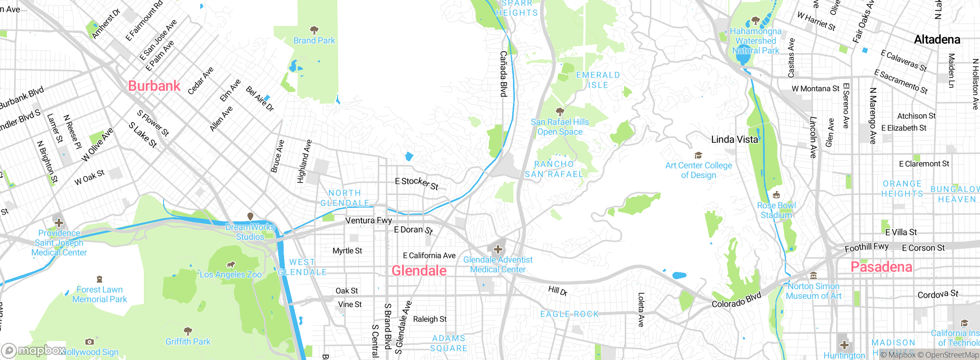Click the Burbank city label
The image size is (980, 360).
click(x=154, y=86)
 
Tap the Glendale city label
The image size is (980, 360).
click(x=419, y=271)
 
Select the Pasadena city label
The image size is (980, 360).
click(x=881, y=267)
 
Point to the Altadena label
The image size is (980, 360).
click(x=937, y=39)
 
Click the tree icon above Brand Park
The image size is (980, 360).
click(x=314, y=30)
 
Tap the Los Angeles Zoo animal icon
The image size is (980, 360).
click(x=230, y=265)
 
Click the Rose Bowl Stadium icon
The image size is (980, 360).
click(x=776, y=195)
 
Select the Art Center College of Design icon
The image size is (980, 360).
click(x=698, y=155)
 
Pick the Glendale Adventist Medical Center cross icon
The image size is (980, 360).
click(x=498, y=250)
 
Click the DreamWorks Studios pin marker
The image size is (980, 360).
click(x=250, y=217)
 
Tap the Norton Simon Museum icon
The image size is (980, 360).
click(x=813, y=276)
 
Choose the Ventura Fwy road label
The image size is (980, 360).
click(x=369, y=221)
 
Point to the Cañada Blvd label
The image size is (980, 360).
click(x=504, y=74)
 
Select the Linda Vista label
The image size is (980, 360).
click(x=734, y=139)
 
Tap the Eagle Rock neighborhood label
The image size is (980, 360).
click(x=569, y=314)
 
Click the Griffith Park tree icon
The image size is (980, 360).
click(x=188, y=331)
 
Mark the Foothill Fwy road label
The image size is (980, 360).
click(x=867, y=247)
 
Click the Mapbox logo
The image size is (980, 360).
click(x=34, y=350)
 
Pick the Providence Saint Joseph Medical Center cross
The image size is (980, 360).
click(x=59, y=223)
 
